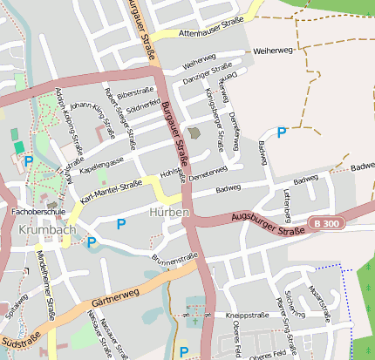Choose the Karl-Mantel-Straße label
(x=111, y=189)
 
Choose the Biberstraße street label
(x=135, y=92)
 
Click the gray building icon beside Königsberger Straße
(x=194, y=133)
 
